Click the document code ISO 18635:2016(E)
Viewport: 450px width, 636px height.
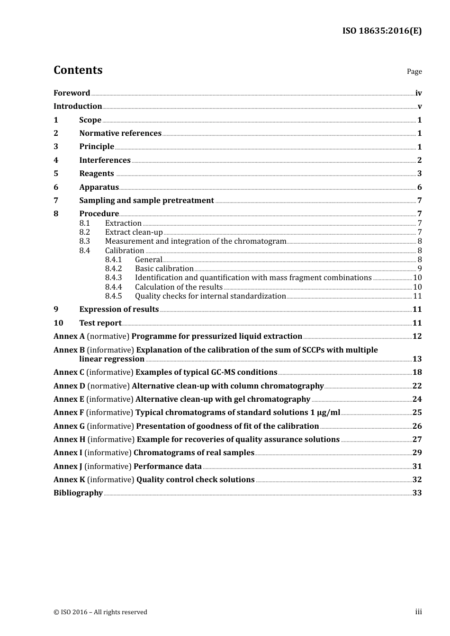point(382,31)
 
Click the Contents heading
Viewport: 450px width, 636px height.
point(78,70)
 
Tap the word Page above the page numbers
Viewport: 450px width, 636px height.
point(414,71)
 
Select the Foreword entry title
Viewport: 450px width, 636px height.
point(72,93)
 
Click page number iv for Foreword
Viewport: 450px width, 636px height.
point(418,93)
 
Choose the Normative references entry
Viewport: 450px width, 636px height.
point(120,133)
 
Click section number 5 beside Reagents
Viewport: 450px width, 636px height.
point(56,174)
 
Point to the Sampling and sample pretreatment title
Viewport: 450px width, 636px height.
point(146,201)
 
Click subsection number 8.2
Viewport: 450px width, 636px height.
point(84,232)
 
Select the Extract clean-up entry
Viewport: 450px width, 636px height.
point(134,232)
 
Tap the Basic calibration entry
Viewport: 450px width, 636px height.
point(164,269)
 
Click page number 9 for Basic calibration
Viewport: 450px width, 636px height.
point(419,269)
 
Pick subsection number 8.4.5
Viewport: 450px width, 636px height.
point(113,296)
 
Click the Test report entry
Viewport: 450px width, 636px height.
point(100,323)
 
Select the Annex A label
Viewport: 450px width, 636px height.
point(69,336)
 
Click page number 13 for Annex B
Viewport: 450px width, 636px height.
point(417,359)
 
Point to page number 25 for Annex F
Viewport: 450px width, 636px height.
point(417,413)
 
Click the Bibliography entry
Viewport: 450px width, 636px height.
point(78,493)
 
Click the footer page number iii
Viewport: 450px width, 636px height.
point(418,612)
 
